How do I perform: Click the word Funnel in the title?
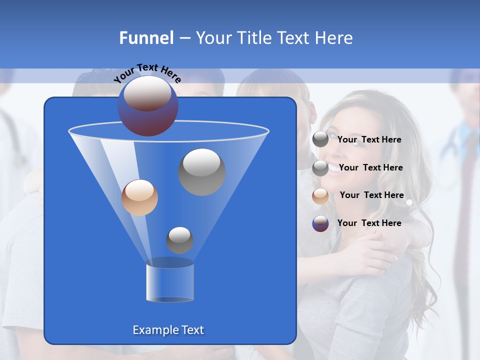pos(146,38)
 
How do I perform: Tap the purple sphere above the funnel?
pos(148,106)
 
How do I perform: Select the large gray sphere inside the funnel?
pos(202,172)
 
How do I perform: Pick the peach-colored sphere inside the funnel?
pos(139,197)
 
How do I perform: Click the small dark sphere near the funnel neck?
pos(179,240)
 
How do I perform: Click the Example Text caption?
pos(168,330)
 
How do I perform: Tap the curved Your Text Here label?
pos(147,73)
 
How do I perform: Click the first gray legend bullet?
pos(320,140)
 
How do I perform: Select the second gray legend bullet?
pos(320,168)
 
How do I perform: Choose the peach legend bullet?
pos(320,196)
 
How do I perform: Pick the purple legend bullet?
pos(320,223)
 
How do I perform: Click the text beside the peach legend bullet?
pos(371,195)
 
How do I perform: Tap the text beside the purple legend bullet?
pos(369,223)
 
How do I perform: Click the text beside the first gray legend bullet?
pos(369,139)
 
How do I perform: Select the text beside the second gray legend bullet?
pos(370,167)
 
